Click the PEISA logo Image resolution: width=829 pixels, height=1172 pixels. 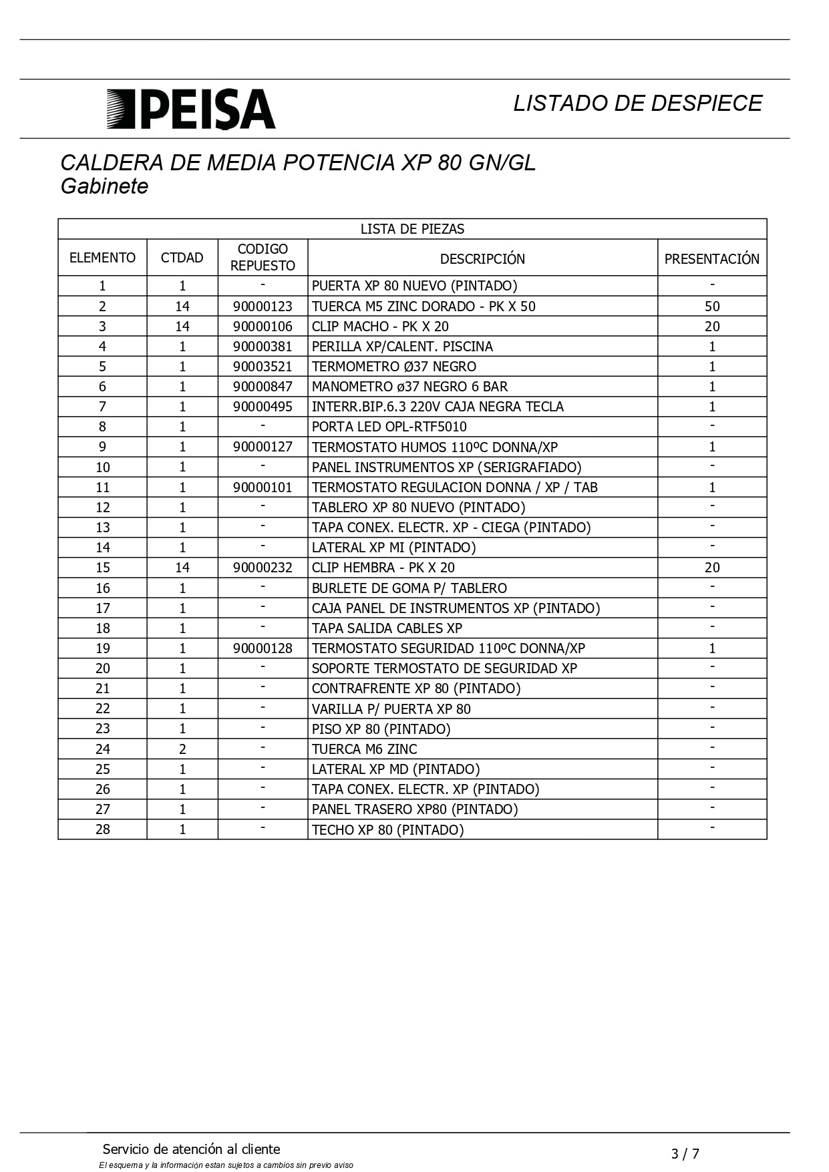tap(191, 109)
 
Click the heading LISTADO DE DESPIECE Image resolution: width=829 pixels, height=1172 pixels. tap(637, 103)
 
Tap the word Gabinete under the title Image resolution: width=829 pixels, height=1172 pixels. tap(104, 186)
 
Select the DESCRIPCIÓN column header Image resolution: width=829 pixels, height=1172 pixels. tap(482, 258)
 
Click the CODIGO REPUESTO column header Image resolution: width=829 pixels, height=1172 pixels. tap(263, 257)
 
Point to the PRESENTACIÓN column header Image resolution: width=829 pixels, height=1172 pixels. tap(711, 258)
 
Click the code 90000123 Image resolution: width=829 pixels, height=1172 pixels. tap(263, 307)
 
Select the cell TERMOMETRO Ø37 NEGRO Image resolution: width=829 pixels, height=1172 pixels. tap(394, 367)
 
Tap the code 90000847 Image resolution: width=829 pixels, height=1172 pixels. tap(263, 387)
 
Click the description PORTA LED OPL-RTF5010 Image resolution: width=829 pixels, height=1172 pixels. tap(389, 427)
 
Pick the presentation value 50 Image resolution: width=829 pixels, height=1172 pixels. tap(712, 307)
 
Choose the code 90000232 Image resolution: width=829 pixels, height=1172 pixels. tap(263, 568)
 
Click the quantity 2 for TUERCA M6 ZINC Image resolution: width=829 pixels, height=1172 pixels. tap(182, 749)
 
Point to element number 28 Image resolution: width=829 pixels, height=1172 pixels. tap(102, 829)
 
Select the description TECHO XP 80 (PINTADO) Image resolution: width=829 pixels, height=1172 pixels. tap(387, 830)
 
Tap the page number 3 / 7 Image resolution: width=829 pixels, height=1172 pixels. tap(685, 1153)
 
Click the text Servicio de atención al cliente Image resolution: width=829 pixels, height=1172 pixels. tap(192, 1149)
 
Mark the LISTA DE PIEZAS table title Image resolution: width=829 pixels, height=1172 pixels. tap(412, 229)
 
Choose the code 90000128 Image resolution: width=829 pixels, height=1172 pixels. tap(263, 648)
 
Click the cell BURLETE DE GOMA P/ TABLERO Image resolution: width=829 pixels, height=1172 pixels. tap(409, 588)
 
